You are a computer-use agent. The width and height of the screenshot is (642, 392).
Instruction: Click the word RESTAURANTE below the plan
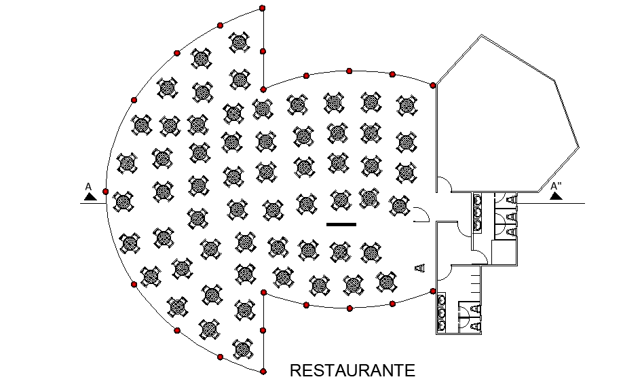click(x=352, y=371)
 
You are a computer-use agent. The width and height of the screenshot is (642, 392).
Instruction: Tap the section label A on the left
click(x=88, y=185)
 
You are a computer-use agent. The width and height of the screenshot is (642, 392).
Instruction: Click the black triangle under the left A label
click(x=89, y=196)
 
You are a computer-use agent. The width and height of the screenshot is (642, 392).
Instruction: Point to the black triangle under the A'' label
click(x=556, y=196)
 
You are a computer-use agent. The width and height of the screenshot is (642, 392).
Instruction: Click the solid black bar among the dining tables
click(x=341, y=224)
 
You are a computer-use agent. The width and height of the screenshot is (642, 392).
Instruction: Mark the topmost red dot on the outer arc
click(x=263, y=8)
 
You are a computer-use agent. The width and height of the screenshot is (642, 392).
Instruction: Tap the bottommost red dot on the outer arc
click(x=263, y=371)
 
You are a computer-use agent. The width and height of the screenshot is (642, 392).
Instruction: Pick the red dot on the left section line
click(x=105, y=192)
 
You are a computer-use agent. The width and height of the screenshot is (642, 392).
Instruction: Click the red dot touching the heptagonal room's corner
click(x=433, y=85)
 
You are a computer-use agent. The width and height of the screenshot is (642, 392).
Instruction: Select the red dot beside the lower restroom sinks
click(x=433, y=291)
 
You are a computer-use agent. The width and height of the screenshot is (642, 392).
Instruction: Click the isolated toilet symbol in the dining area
click(x=419, y=268)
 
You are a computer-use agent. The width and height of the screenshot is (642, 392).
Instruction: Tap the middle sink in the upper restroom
click(x=478, y=212)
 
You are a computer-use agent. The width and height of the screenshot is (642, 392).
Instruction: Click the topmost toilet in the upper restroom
click(x=510, y=199)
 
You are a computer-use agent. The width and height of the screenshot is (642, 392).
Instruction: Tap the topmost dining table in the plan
click(x=239, y=42)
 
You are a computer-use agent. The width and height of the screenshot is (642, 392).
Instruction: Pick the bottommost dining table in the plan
click(x=243, y=350)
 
